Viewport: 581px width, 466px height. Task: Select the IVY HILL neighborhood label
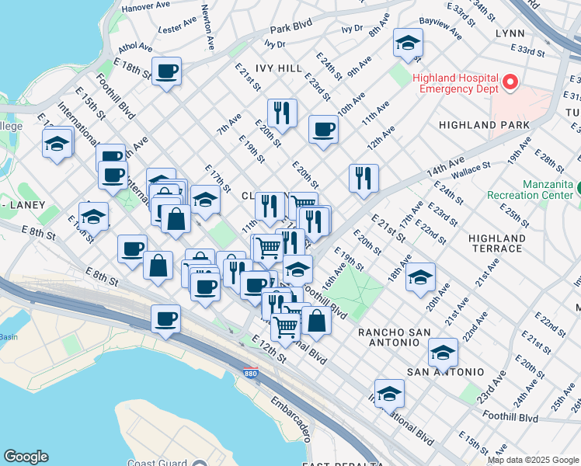[x=268, y=68]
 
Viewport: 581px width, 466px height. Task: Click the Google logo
[x=26, y=457]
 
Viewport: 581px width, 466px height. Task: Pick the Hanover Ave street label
[x=145, y=6]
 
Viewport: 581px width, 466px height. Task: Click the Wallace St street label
[x=471, y=165]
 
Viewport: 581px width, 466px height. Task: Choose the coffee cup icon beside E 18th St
[x=166, y=72]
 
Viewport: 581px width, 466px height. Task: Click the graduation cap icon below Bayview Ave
[x=407, y=43]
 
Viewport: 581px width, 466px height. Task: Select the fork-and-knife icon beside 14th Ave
[x=363, y=179]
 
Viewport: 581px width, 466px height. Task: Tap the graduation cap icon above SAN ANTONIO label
[x=443, y=353]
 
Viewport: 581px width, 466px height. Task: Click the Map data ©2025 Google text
[x=533, y=460]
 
